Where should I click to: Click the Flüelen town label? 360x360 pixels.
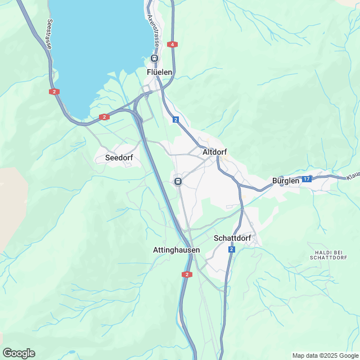(159, 72)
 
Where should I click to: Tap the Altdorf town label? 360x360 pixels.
(214, 151)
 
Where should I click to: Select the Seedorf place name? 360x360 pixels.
(119, 158)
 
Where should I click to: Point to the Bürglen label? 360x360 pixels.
(286, 181)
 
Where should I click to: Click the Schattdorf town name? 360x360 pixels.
(232, 238)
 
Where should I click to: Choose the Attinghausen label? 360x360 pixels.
(176, 249)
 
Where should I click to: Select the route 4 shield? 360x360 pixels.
(172, 44)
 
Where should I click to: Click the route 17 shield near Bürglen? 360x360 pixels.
(306, 179)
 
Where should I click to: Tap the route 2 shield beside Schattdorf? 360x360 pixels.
(232, 249)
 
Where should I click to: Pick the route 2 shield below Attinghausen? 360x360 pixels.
(187, 274)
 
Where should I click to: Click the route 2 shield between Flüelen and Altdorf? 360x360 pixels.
(176, 120)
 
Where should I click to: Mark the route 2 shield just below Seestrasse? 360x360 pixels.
(53, 91)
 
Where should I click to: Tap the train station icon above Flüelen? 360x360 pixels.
(154, 58)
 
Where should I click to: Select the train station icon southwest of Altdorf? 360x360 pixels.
(178, 181)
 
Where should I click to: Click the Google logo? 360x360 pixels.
(18, 353)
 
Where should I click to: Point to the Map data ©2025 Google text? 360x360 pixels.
(325, 355)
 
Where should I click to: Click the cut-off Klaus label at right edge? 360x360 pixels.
(353, 177)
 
